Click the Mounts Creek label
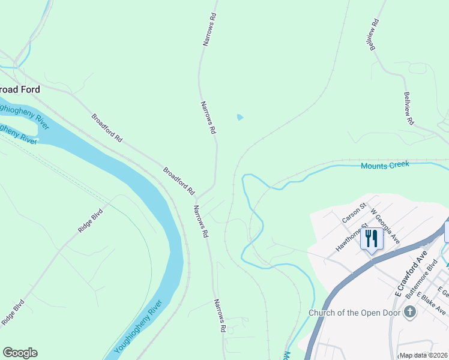click(385, 165)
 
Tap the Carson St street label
click(354, 213)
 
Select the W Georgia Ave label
click(385, 226)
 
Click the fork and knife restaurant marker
click(372, 239)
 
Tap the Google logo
click(20, 353)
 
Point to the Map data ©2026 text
click(423, 355)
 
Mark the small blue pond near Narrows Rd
click(241, 117)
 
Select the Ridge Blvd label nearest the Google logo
click(13, 313)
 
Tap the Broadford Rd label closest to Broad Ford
click(107, 127)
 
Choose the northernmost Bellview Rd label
click(375, 36)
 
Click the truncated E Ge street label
click(444, 292)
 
